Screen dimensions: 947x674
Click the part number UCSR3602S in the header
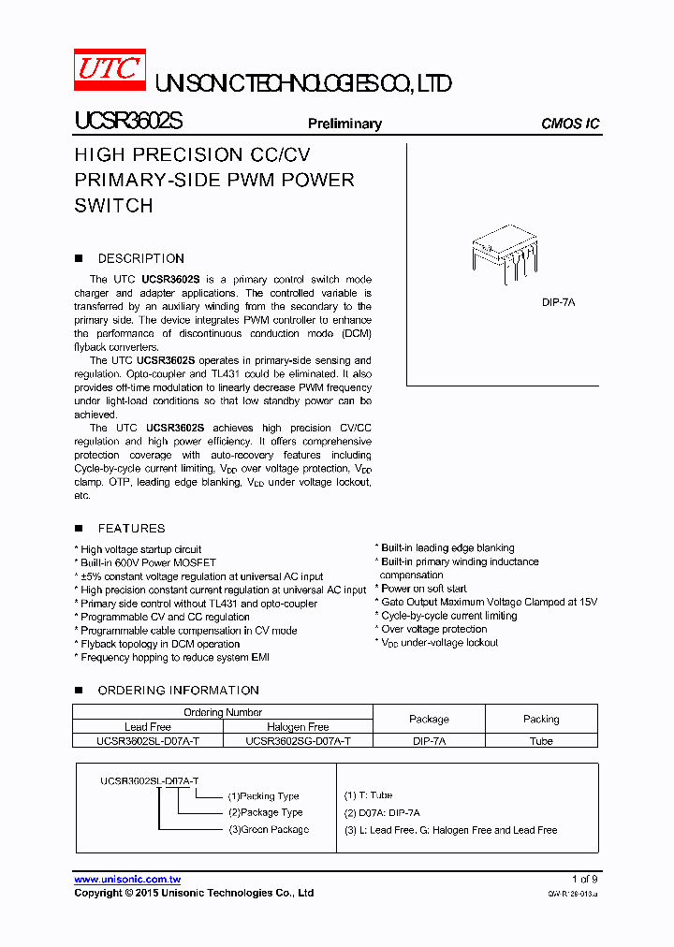[128, 122]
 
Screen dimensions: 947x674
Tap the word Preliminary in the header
[344, 124]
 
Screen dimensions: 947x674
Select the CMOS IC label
[570, 124]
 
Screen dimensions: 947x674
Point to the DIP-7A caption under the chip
[558, 302]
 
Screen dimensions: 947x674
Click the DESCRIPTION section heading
[140, 258]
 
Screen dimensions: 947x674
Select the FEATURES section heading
[131, 528]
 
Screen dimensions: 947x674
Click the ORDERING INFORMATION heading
[178, 690]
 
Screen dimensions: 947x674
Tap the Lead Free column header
[148, 726]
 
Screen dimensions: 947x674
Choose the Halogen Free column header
[298, 726]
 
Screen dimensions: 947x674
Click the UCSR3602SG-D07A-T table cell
[298, 740]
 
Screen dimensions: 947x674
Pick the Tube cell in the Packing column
[541, 740]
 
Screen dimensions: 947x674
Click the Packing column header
[541, 719]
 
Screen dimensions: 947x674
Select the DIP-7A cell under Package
[429, 740]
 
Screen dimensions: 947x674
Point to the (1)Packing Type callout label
[263, 796]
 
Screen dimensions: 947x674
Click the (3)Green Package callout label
[268, 829]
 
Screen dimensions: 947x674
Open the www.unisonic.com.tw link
[127, 879]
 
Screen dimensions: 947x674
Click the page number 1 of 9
[584, 879]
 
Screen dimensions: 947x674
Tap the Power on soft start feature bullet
[423, 589]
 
